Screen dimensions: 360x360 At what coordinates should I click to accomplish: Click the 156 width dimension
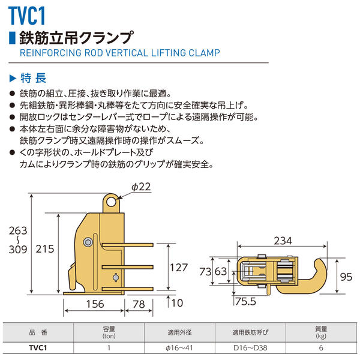(93, 304)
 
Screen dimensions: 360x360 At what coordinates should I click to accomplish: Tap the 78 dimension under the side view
(139, 304)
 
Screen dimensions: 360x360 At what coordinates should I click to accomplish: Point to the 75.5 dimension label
(246, 300)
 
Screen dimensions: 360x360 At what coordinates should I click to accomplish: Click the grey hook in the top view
(313, 272)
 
